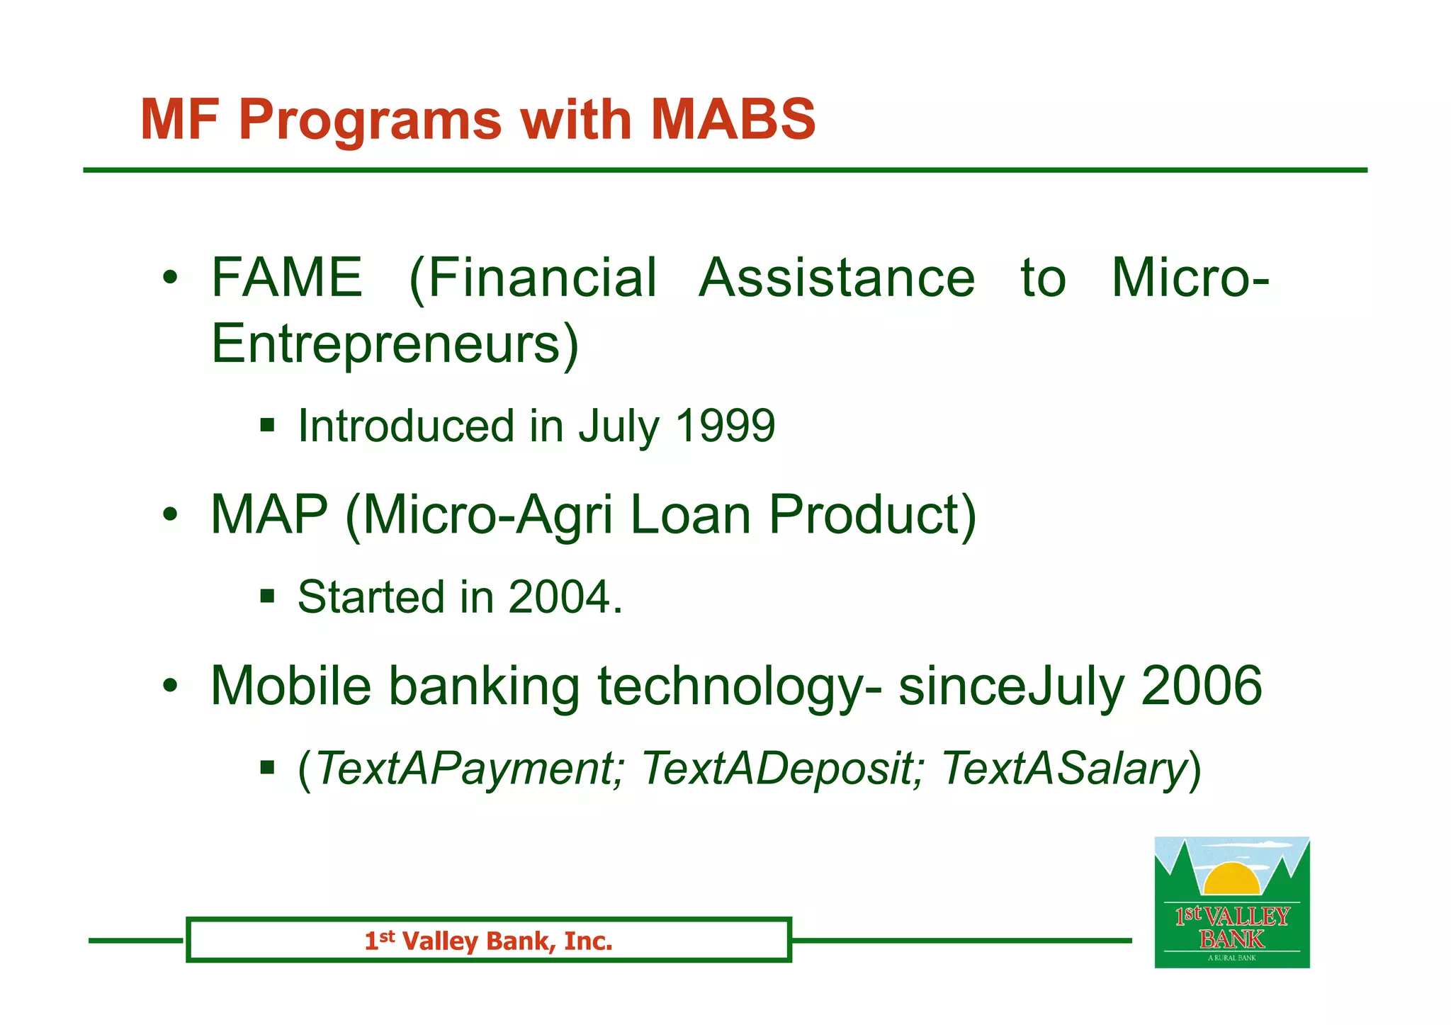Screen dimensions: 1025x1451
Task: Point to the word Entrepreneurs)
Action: click(x=395, y=344)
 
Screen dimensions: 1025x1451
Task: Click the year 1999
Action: click(x=725, y=426)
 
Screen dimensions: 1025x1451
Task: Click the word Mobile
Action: click(x=291, y=686)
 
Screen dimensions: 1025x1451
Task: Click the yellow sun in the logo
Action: click(x=1231, y=880)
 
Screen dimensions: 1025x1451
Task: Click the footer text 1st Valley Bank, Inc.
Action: click(x=488, y=941)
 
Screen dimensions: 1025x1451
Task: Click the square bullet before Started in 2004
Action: click(x=267, y=596)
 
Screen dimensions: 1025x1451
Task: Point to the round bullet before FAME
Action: click(x=169, y=278)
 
